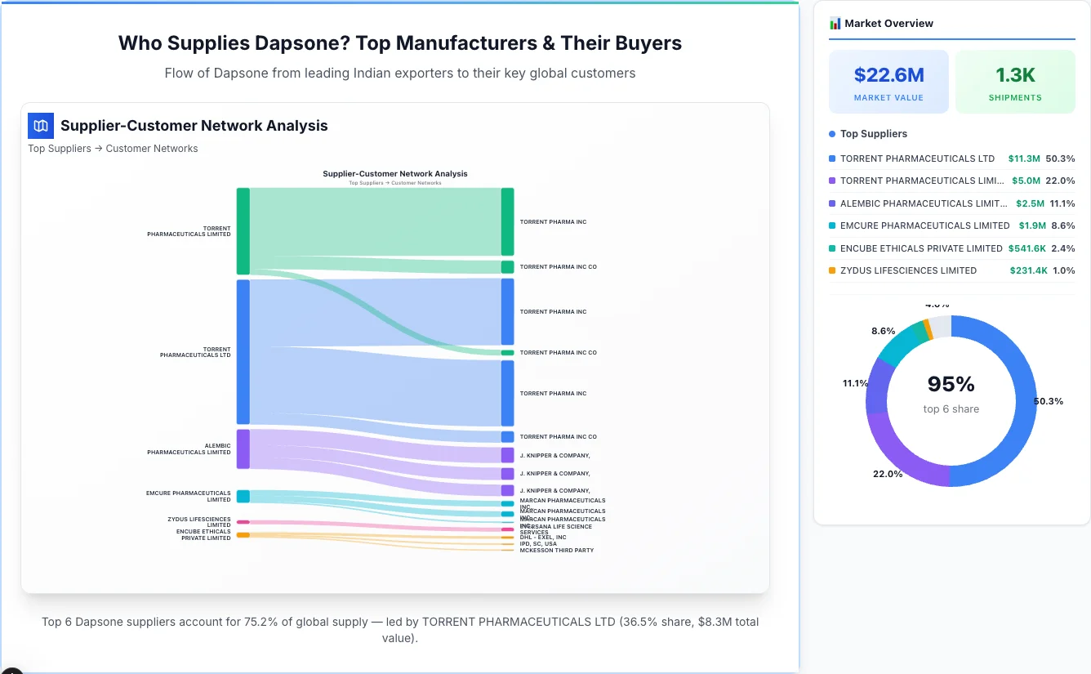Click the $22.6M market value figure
pyautogui.click(x=888, y=75)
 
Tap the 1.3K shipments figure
pyautogui.click(x=1015, y=75)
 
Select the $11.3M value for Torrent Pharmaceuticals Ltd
pyautogui.click(x=1024, y=158)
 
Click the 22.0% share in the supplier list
pyautogui.click(x=1060, y=181)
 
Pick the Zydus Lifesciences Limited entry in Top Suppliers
pyautogui.click(x=908, y=270)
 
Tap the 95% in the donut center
pyautogui.click(x=951, y=384)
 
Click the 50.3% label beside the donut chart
pyautogui.click(x=1048, y=401)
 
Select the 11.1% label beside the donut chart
pyautogui.click(x=856, y=383)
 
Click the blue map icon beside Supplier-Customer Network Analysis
pyautogui.click(x=41, y=126)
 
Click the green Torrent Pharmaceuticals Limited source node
pyautogui.click(x=243, y=231)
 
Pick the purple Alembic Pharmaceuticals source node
pyautogui.click(x=243, y=449)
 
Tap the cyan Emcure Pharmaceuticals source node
pyautogui.click(x=243, y=496)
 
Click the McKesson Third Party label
pyautogui.click(x=556, y=551)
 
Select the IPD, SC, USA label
pyautogui.click(x=538, y=544)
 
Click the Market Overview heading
pyautogui.click(x=888, y=24)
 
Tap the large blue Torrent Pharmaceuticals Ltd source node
pyautogui.click(x=243, y=352)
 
